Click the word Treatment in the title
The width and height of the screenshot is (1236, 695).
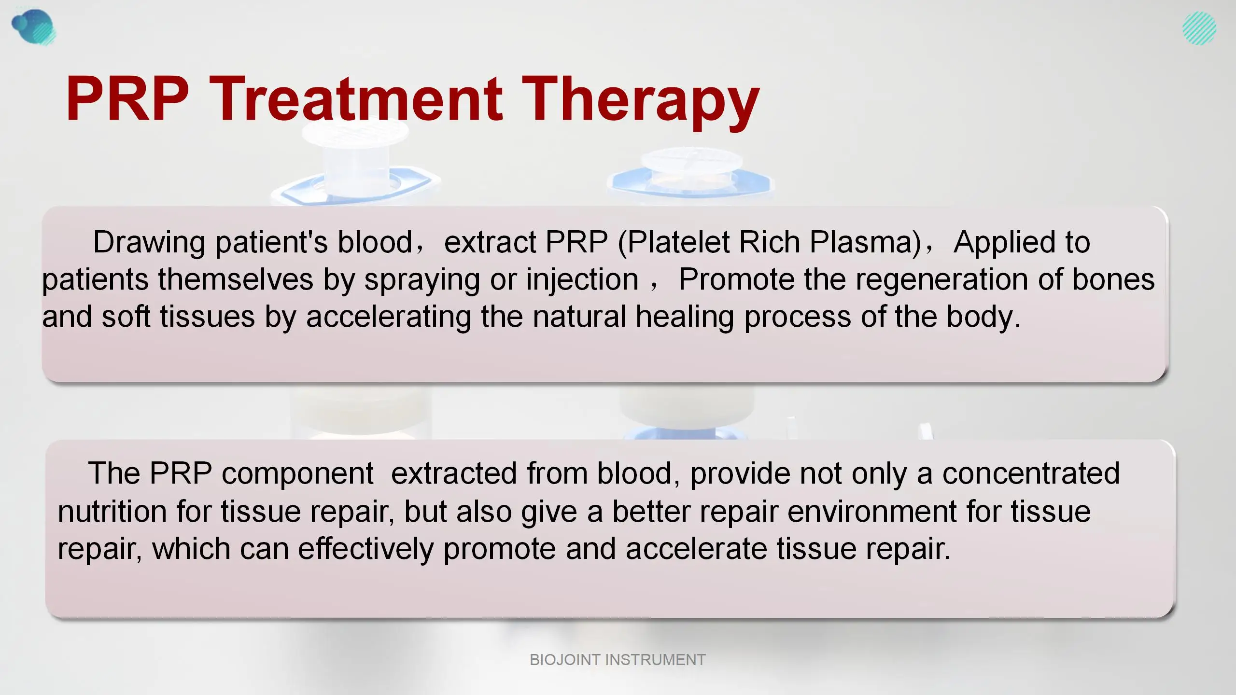(356, 99)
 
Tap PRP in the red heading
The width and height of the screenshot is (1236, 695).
(127, 99)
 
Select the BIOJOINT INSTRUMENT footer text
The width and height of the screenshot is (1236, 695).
(618, 659)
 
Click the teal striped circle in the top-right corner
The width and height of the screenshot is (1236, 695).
(1199, 28)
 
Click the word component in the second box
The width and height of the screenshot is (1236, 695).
(297, 473)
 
